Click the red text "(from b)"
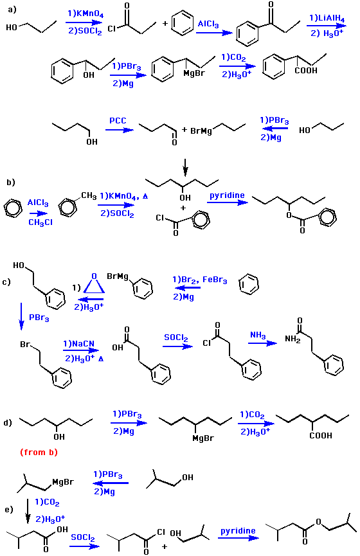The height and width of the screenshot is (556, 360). pyautogui.click(x=39, y=452)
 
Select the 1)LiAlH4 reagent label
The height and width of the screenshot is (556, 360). pyautogui.click(x=327, y=19)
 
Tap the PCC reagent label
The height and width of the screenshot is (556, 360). pyautogui.click(x=118, y=121)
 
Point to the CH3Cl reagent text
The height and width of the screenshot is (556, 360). pyautogui.click(x=40, y=222)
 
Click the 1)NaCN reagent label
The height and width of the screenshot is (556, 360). pyautogui.click(x=78, y=344)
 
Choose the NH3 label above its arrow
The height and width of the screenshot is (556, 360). pyautogui.click(x=258, y=336)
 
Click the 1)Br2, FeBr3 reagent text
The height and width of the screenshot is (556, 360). pyautogui.click(x=200, y=280)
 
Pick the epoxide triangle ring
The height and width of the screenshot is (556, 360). pyautogui.click(x=94, y=285)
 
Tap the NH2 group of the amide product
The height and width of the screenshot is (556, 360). pyautogui.click(x=292, y=339)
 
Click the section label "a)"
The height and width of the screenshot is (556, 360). pyautogui.click(x=12, y=10)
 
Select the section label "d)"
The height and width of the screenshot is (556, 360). pyautogui.click(x=8, y=423)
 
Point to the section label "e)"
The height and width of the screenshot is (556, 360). pyautogui.click(x=9, y=510)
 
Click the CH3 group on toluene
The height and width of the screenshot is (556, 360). pyautogui.click(x=89, y=196)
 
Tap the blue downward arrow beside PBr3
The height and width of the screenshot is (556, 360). pyautogui.click(x=21, y=316)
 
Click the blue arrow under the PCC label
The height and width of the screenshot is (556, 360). pyautogui.click(x=120, y=130)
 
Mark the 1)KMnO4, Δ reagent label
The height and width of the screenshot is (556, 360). pyautogui.click(x=124, y=196)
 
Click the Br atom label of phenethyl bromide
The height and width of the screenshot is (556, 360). pyautogui.click(x=25, y=345)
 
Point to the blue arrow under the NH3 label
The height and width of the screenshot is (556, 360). pyautogui.click(x=262, y=343)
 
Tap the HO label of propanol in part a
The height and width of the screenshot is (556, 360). pyautogui.click(x=12, y=28)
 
